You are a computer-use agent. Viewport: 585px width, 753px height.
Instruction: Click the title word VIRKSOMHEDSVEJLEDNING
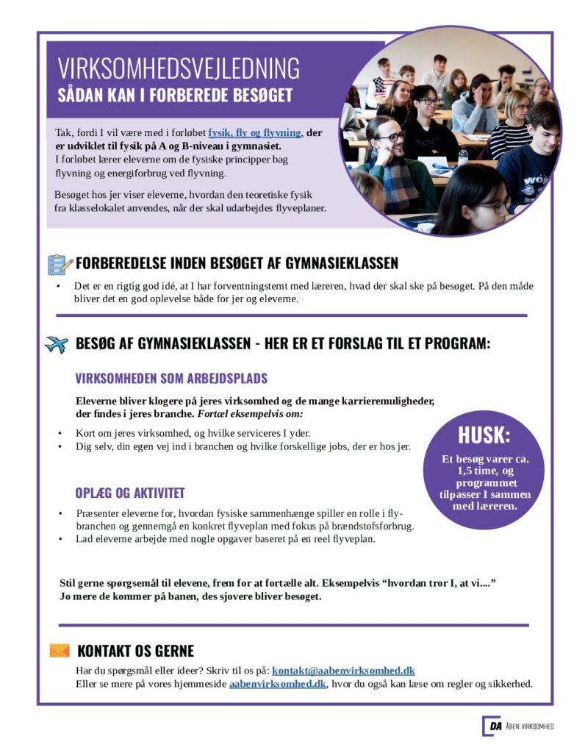point(179,68)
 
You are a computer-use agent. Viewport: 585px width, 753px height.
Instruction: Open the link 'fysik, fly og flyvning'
point(254,132)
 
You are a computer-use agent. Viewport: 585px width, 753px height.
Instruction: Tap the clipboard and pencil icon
point(60,264)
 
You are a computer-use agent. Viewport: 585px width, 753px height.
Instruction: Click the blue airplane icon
point(57,344)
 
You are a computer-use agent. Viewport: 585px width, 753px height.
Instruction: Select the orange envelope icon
point(60,651)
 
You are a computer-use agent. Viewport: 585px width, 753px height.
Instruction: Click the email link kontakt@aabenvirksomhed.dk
point(343,671)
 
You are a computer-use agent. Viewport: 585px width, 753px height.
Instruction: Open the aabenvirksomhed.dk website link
point(277,684)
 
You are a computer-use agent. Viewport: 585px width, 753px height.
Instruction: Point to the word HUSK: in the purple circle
point(484,435)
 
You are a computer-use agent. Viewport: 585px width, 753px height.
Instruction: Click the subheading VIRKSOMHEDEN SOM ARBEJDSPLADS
point(171,379)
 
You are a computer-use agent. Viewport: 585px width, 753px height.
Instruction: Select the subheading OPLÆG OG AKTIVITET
point(129,493)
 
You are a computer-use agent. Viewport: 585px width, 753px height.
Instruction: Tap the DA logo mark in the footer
point(492,727)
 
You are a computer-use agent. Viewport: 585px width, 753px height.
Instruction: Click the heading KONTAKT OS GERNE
point(135,651)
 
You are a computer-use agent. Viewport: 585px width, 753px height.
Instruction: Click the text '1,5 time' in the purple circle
point(482,471)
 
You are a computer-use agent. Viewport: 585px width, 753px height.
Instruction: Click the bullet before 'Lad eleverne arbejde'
point(60,539)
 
